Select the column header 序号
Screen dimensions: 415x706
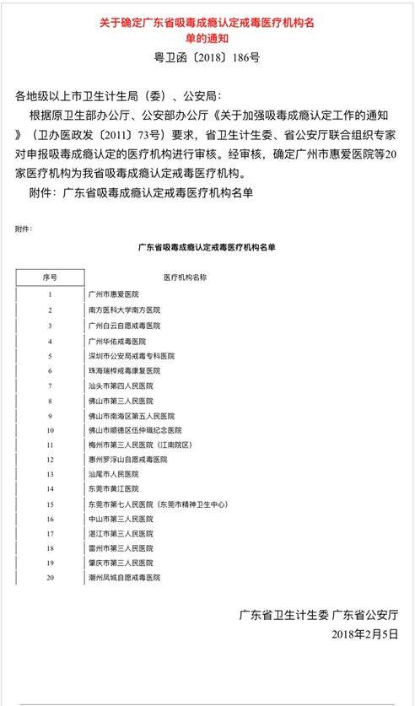click(50, 277)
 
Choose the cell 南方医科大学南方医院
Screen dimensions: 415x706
click(124, 310)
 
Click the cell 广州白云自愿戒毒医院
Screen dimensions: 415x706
click(124, 325)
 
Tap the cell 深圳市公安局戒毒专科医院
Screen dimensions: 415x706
click(131, 356)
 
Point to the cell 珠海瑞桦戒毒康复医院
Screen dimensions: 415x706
click(124, 370)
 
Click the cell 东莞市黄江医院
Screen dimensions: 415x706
click(113, 489)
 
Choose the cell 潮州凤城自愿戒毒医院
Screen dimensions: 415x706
click(124, 578)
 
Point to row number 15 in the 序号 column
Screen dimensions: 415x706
click(50, 504)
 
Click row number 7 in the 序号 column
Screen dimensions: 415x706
click(50, 385)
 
